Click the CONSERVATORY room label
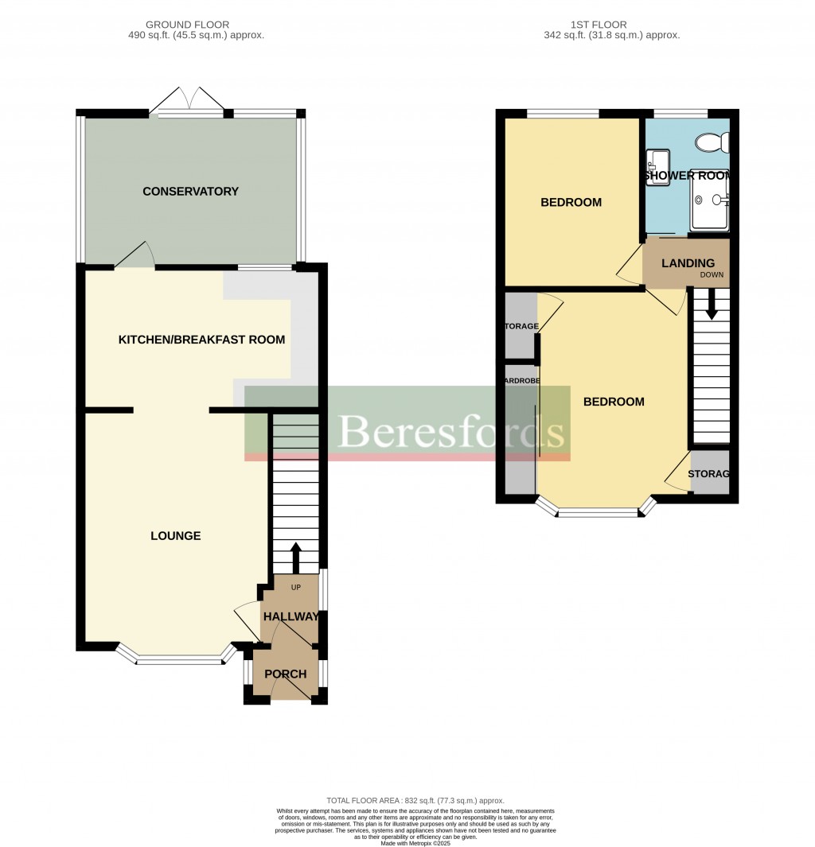point(190,192)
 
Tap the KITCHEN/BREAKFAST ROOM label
point(201,340)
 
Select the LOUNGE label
point(175,536)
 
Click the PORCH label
point(285,674)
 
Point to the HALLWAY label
point(291,617)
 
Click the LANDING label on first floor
point(688,263)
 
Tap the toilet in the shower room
point(712,143)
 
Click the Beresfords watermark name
point(451,433)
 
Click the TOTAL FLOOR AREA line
point(415,800)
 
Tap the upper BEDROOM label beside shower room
point(571,203)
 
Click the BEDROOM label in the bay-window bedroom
point(614,402)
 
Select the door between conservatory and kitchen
point(135,256)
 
